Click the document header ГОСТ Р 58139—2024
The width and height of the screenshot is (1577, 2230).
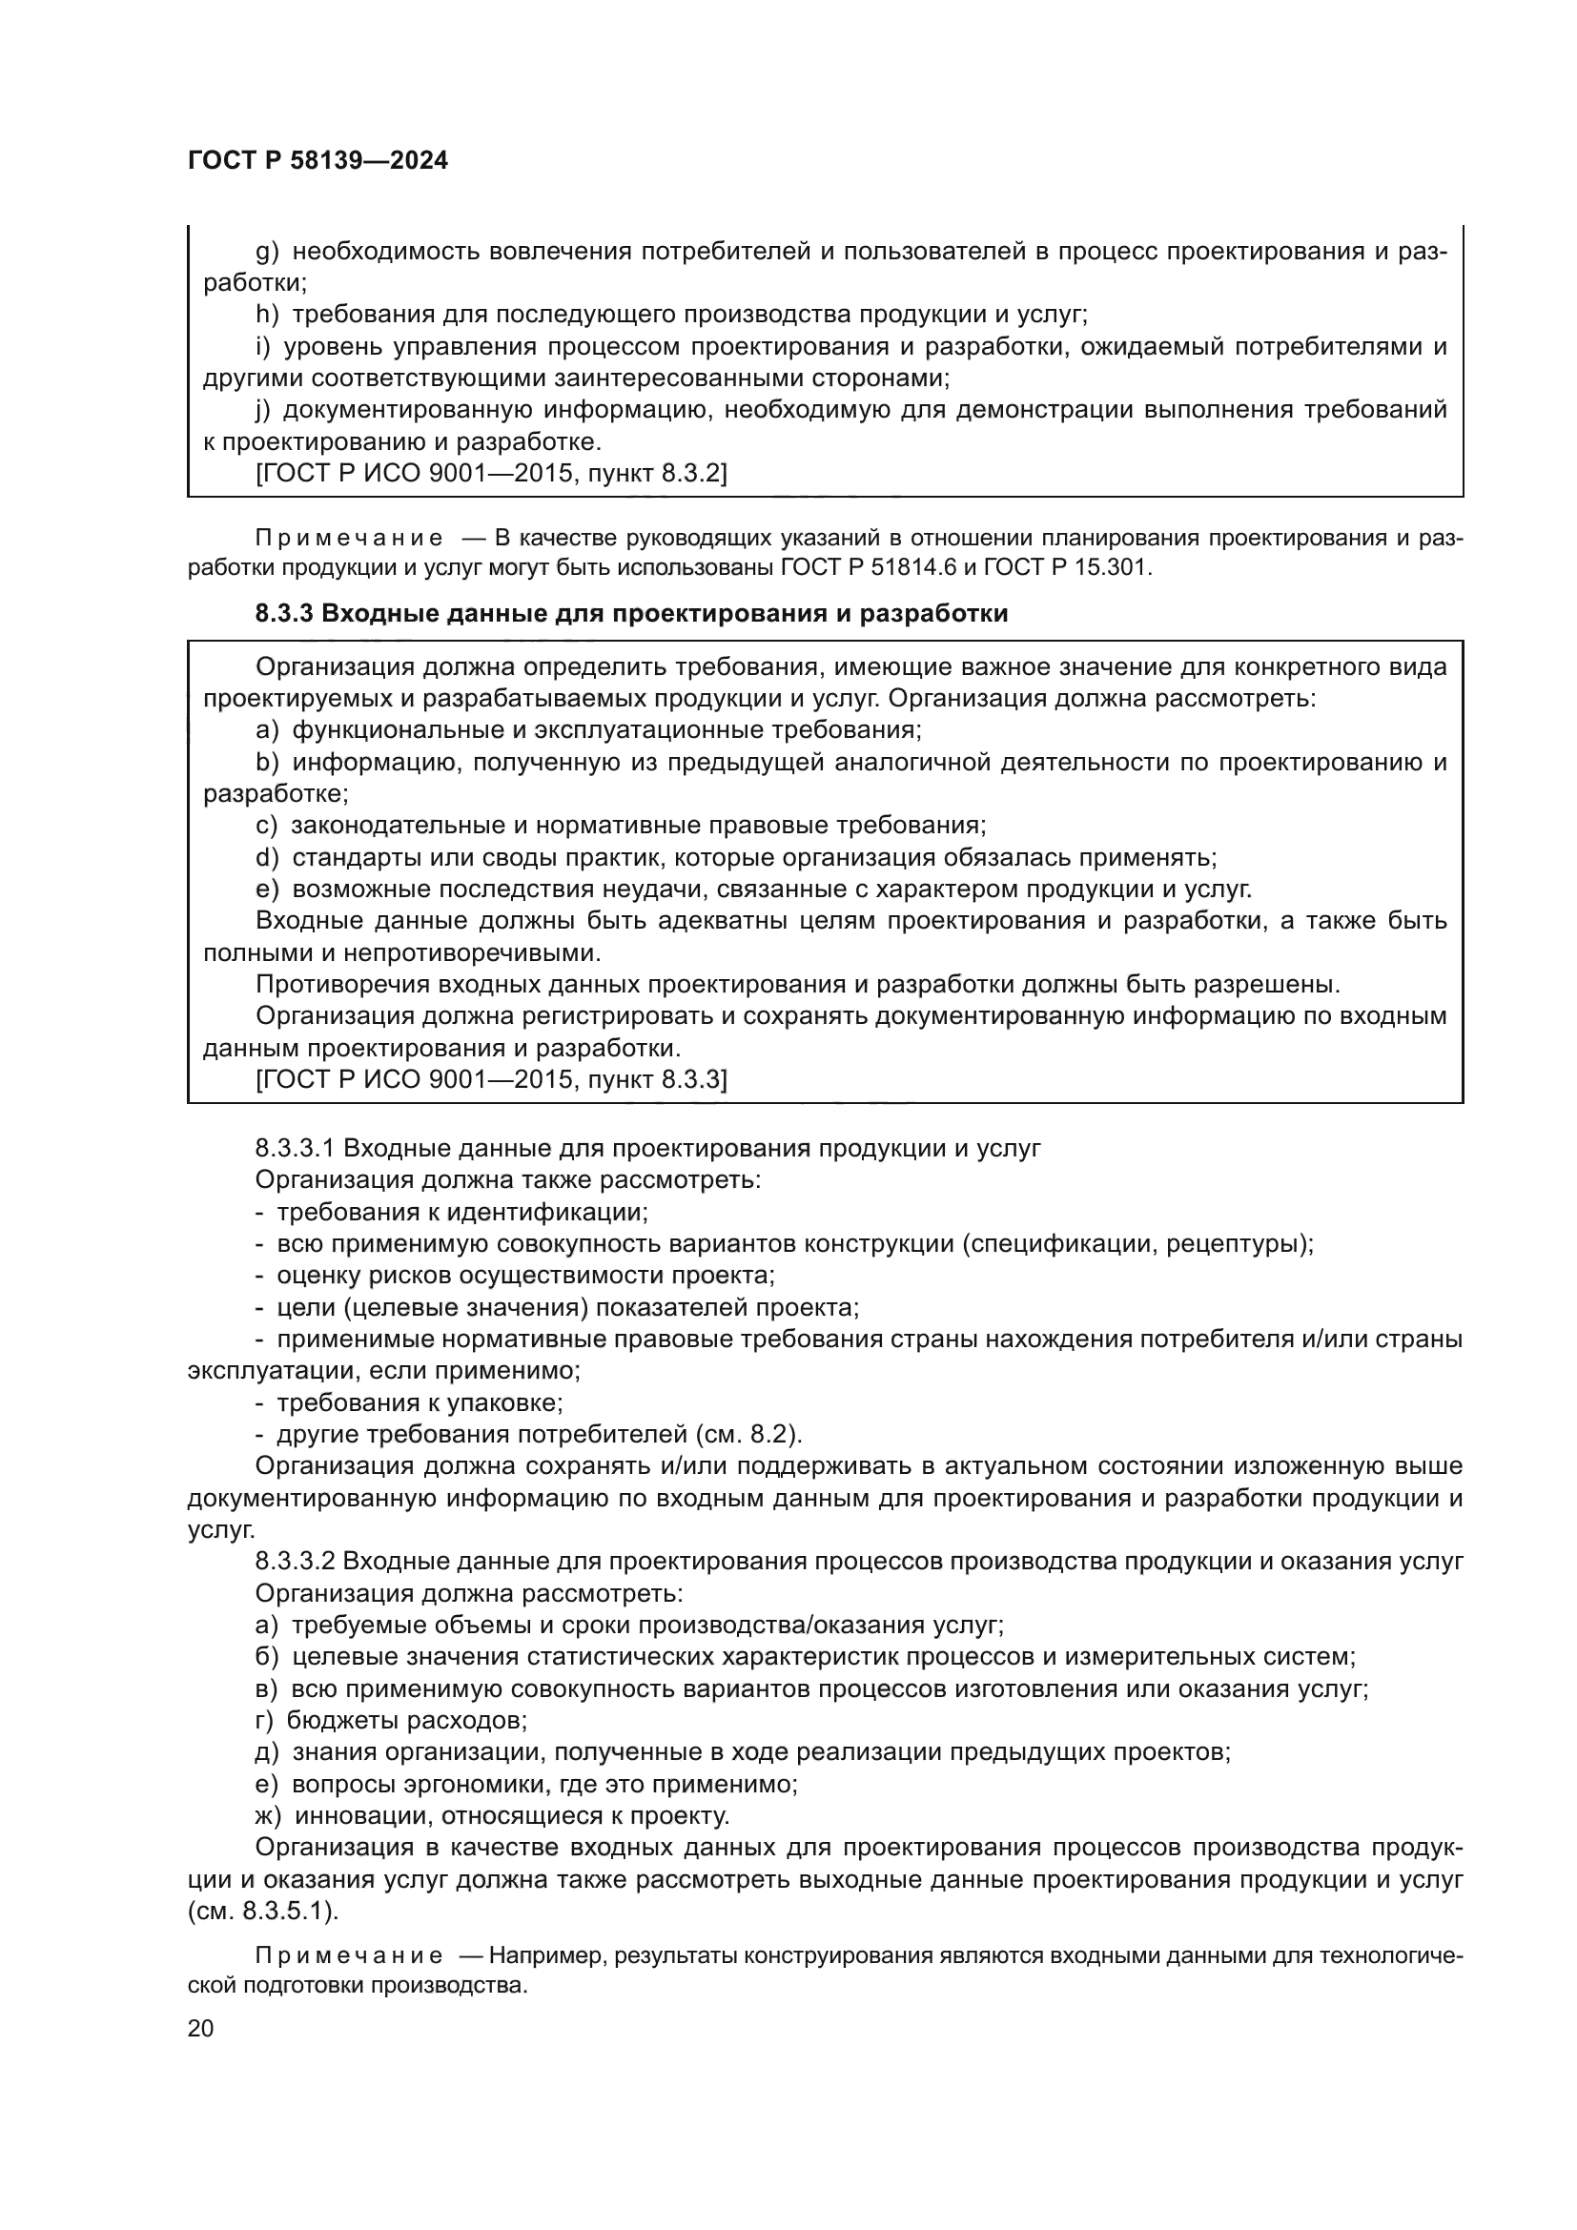pos(317,161)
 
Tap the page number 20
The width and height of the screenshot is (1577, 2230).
pos(201,2028)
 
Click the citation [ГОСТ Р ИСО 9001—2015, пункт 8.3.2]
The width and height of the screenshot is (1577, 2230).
pos(490,474)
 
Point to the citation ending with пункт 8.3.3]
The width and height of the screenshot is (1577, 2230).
pos(490,1079)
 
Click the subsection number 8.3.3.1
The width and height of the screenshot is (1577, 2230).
pos(295,1149)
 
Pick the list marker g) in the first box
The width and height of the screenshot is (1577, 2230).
pos(267,253)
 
